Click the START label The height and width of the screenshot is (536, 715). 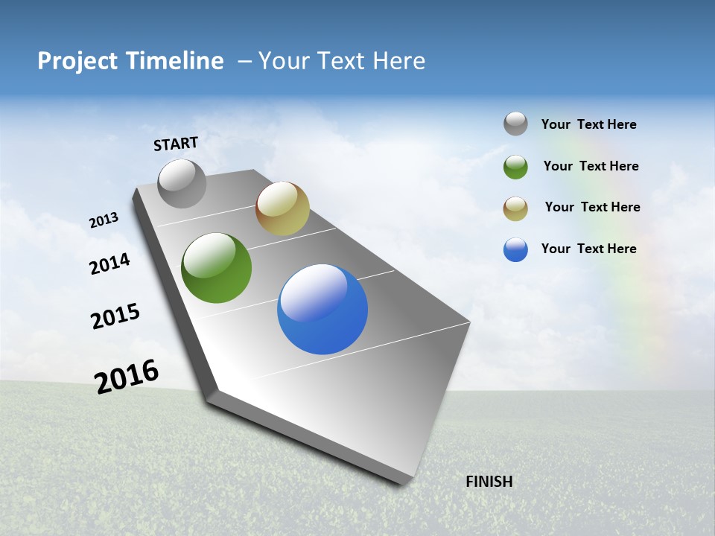click(176, 143)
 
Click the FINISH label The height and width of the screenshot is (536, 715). click(489, 482)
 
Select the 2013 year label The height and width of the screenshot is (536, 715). click(104, 220)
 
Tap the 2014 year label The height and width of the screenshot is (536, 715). click(109, 264)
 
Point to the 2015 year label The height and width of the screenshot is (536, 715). click(115, 316)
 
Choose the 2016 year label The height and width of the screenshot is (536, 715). click(127, 377)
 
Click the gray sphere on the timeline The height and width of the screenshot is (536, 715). click(182, 183)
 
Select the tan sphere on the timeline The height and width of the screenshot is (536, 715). click(282, 208)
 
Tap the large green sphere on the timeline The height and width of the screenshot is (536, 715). click(216, 268)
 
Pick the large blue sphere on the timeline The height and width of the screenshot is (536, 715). click(322, 309)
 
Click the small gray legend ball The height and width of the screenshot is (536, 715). click(515, 124)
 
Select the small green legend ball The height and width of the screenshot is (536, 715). click(515, 167)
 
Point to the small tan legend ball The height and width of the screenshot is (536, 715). click(515, 208)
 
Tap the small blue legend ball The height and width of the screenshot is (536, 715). click(515, 249)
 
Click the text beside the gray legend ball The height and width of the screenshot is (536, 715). click(588, 124)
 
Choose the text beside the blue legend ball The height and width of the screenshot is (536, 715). click(588, 249)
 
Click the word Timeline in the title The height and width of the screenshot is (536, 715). click(174, 61)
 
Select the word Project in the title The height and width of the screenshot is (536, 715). click(75, 61)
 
